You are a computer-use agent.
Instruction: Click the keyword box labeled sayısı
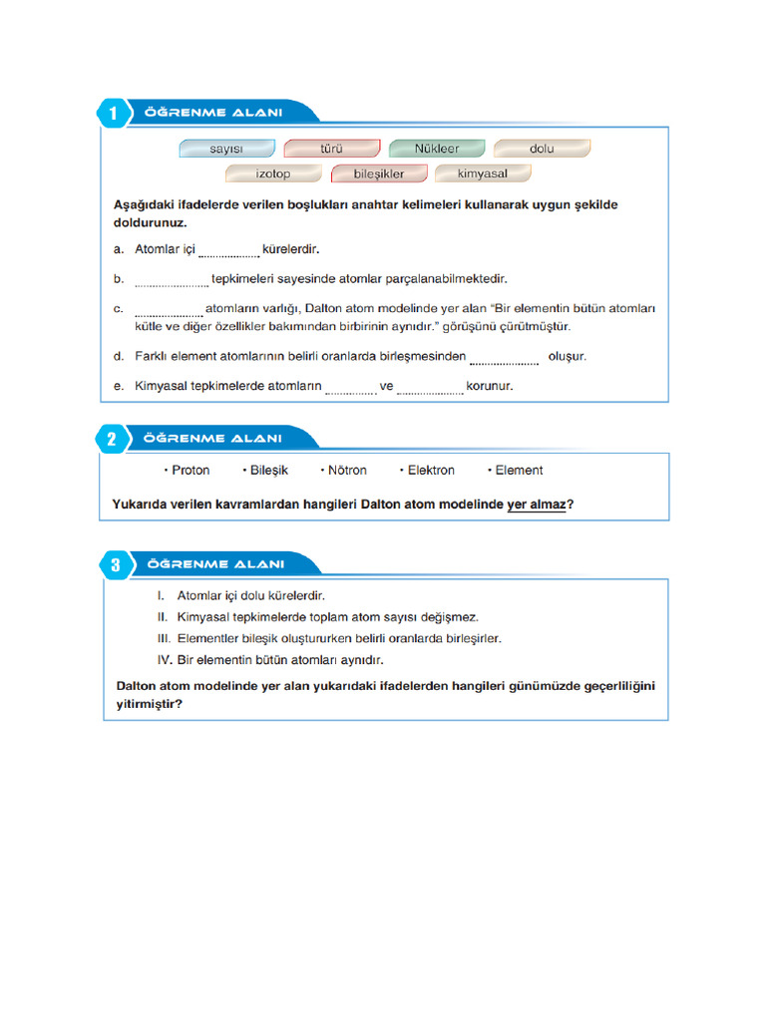[x=226, y=149]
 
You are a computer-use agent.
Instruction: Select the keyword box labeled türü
[x=331, y=149]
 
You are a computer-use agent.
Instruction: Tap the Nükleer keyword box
[x=437, y=149]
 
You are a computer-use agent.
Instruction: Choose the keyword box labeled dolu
[x=542, y=149]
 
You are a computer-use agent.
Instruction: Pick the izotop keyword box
[x=273, y=173]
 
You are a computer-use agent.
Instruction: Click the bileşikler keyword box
[x=379, y=173]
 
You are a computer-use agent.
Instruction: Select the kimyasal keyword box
[x=483, y=173]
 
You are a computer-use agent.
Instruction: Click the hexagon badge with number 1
[x=114, y=115]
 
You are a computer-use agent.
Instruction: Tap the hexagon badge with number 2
[x=112, y=440]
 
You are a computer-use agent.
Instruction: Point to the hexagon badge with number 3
[x=116, y=565]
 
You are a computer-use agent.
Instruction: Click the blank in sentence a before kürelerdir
[x=228, y=250]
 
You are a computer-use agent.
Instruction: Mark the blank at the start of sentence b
[x=171, y=280]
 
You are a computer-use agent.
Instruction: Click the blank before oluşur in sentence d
[x=504, y=357]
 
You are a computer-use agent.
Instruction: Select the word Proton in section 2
[x=191, y=471]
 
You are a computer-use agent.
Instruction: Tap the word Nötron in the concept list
[x=347, y=471]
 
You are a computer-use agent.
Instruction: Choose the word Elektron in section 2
[x=431, y=471]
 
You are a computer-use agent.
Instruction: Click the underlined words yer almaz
[x=536, y=505]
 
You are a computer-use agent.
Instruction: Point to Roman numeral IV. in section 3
[x=166, y=660]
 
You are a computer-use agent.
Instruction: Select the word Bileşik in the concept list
[x=268, y=471]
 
